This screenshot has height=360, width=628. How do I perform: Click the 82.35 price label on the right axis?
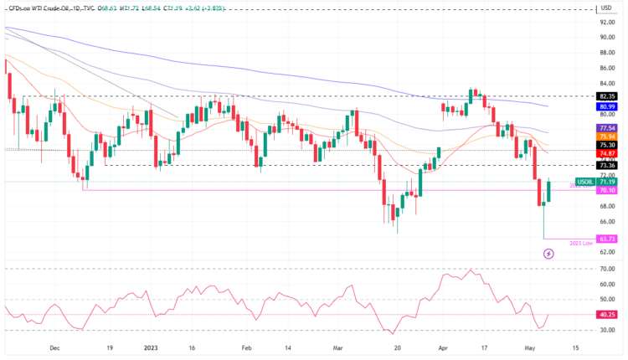click(607, 96)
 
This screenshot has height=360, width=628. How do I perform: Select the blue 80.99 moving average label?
click(607, 107)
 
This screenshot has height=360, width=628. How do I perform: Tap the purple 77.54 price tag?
click(607, 127)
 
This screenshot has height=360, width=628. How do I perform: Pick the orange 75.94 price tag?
click(607, 136)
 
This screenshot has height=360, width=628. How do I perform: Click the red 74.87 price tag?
click(607, 154)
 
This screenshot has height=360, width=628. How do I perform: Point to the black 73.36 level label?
click(607, 166)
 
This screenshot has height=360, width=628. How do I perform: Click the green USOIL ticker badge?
click(584, 182)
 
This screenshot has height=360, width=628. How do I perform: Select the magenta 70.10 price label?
click(607, 191)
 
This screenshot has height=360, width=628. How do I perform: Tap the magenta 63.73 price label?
click(607, 239)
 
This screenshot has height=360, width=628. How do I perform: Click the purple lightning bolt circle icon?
click(548, 253)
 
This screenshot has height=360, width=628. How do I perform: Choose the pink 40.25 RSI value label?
click(607, 315)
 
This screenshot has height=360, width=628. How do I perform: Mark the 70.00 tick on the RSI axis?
click(607, 269)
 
